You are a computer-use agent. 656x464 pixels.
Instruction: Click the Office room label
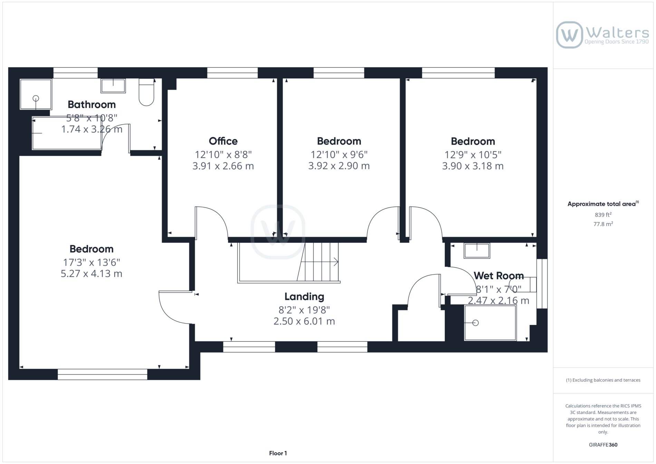point(223,141)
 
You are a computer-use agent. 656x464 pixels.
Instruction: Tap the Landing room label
point(304,297)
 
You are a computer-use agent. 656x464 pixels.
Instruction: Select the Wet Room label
point(499,275)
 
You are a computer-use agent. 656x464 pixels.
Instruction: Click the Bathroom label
point(91,104)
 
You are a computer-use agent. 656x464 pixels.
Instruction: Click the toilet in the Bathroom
point(146,92)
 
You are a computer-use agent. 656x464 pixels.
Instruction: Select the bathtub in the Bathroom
point(67,133)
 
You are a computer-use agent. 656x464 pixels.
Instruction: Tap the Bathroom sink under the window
point(113,86)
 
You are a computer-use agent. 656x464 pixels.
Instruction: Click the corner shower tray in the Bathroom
point(36,94)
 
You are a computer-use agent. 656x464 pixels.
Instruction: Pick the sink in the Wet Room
point(477,251)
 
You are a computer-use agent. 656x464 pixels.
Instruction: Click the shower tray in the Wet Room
point(490,323)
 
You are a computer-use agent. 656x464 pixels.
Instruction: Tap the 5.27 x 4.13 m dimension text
point(91,274)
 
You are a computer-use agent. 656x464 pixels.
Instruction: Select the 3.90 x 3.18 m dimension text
point(473,166)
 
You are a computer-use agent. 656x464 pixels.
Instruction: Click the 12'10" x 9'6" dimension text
point(339,154)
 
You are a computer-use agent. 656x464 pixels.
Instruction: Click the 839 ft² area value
point(603,214)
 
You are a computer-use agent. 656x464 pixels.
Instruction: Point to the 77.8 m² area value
point(603,224)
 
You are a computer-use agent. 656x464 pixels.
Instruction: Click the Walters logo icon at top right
point(569,35)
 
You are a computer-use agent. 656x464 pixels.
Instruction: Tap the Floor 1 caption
point(278,453)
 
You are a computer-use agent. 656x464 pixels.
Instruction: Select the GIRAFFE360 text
point(603,445)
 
